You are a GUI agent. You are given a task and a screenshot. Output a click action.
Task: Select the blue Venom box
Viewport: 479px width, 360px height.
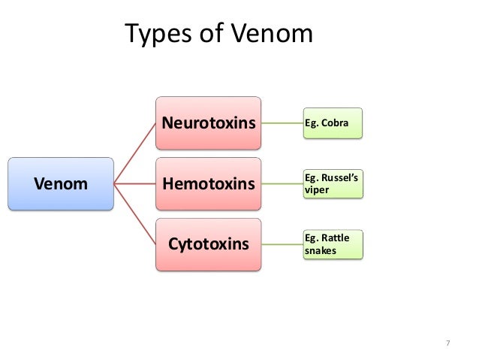[x=60, y=183]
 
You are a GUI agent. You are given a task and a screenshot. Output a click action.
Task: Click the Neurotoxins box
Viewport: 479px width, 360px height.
[x=208, y=122]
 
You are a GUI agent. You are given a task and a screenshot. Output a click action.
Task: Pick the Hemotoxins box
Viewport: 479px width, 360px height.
[x=208, y=183]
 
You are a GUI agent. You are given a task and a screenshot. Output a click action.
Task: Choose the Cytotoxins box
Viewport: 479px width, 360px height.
[x=208, y=244]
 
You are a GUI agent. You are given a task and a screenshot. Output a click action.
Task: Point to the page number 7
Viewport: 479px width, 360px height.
[x=447, y=343]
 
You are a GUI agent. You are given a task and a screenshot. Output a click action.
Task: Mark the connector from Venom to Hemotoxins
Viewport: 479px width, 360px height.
[x=134, y=183]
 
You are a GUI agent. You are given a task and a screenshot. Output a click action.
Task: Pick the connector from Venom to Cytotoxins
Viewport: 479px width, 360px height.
[x=135, y=214]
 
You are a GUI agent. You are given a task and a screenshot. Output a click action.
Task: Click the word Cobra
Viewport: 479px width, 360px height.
[x=336, y=122]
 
